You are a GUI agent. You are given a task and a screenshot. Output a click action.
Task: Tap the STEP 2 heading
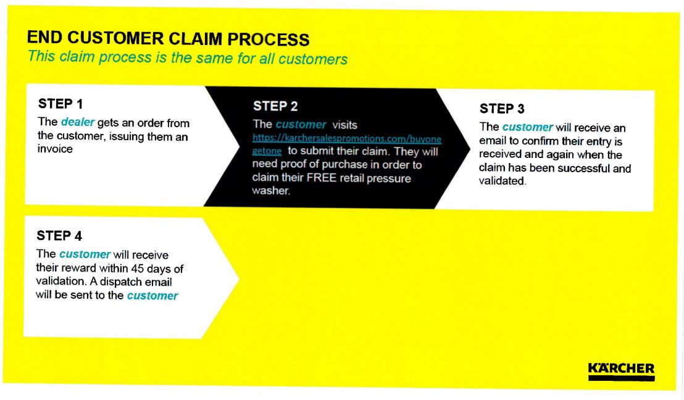pos(275,106)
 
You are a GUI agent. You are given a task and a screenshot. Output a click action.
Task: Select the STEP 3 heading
pos(502,109)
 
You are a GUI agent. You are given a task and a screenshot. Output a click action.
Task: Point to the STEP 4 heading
pos(59,236)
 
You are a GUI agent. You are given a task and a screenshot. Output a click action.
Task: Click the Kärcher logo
pos(620,371)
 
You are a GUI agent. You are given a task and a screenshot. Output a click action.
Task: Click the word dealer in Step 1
pos(77,122)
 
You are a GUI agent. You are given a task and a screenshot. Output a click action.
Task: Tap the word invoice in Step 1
pos(55,149)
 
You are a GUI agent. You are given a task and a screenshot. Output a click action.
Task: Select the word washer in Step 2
pos(270,191)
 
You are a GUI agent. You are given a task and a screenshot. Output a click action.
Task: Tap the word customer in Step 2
pos(301,125)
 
